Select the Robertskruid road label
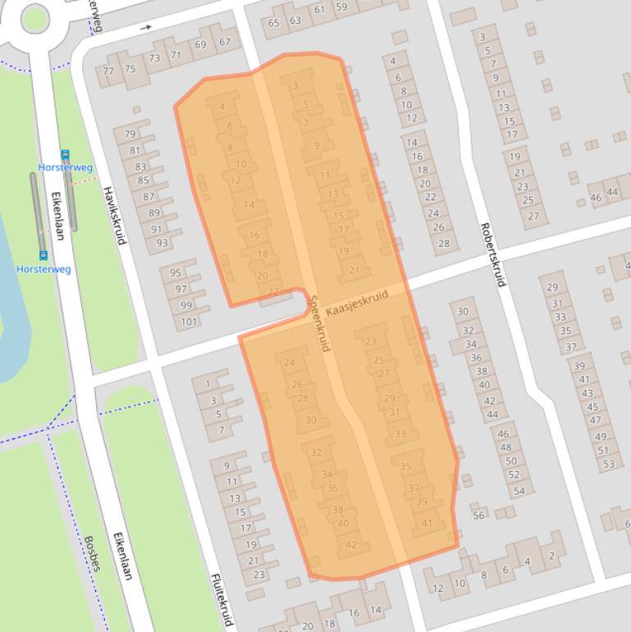(x=491, y=255)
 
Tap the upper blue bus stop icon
(x=66, y=154)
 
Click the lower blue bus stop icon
(x=43, y=256)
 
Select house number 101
(x=189, y=321)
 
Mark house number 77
(x=108, y=71)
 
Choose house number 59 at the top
(x=341, y=7)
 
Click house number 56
(x=478, y=515)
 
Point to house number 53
(x=608, y=465)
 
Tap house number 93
(x=162, y=243)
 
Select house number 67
(x=224, y=42)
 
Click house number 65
(x=274, y=22)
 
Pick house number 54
(x=519, y=491)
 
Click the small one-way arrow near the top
(x=148, y=28)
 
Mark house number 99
(x=185, y=305)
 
